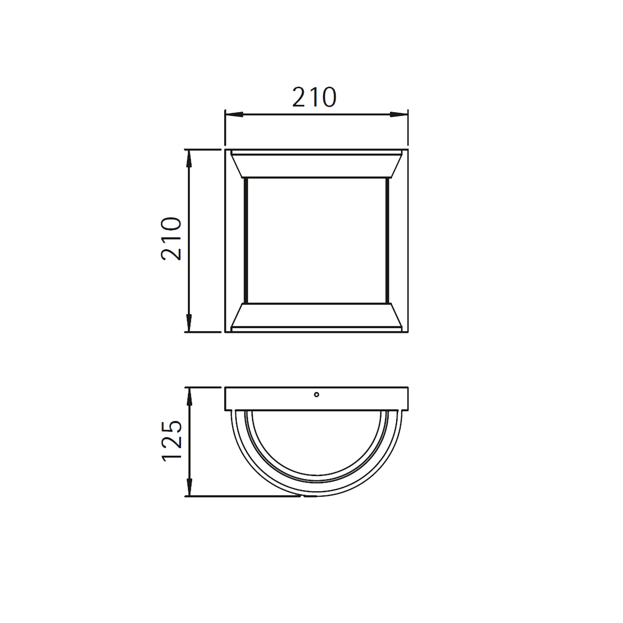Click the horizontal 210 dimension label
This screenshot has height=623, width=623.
point(314,98)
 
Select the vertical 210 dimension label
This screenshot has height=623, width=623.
point(171,238)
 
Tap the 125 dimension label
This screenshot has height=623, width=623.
point(171,440)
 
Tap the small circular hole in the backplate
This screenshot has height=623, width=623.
point(316,395)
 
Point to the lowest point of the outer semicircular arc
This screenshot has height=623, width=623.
point(316,496)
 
